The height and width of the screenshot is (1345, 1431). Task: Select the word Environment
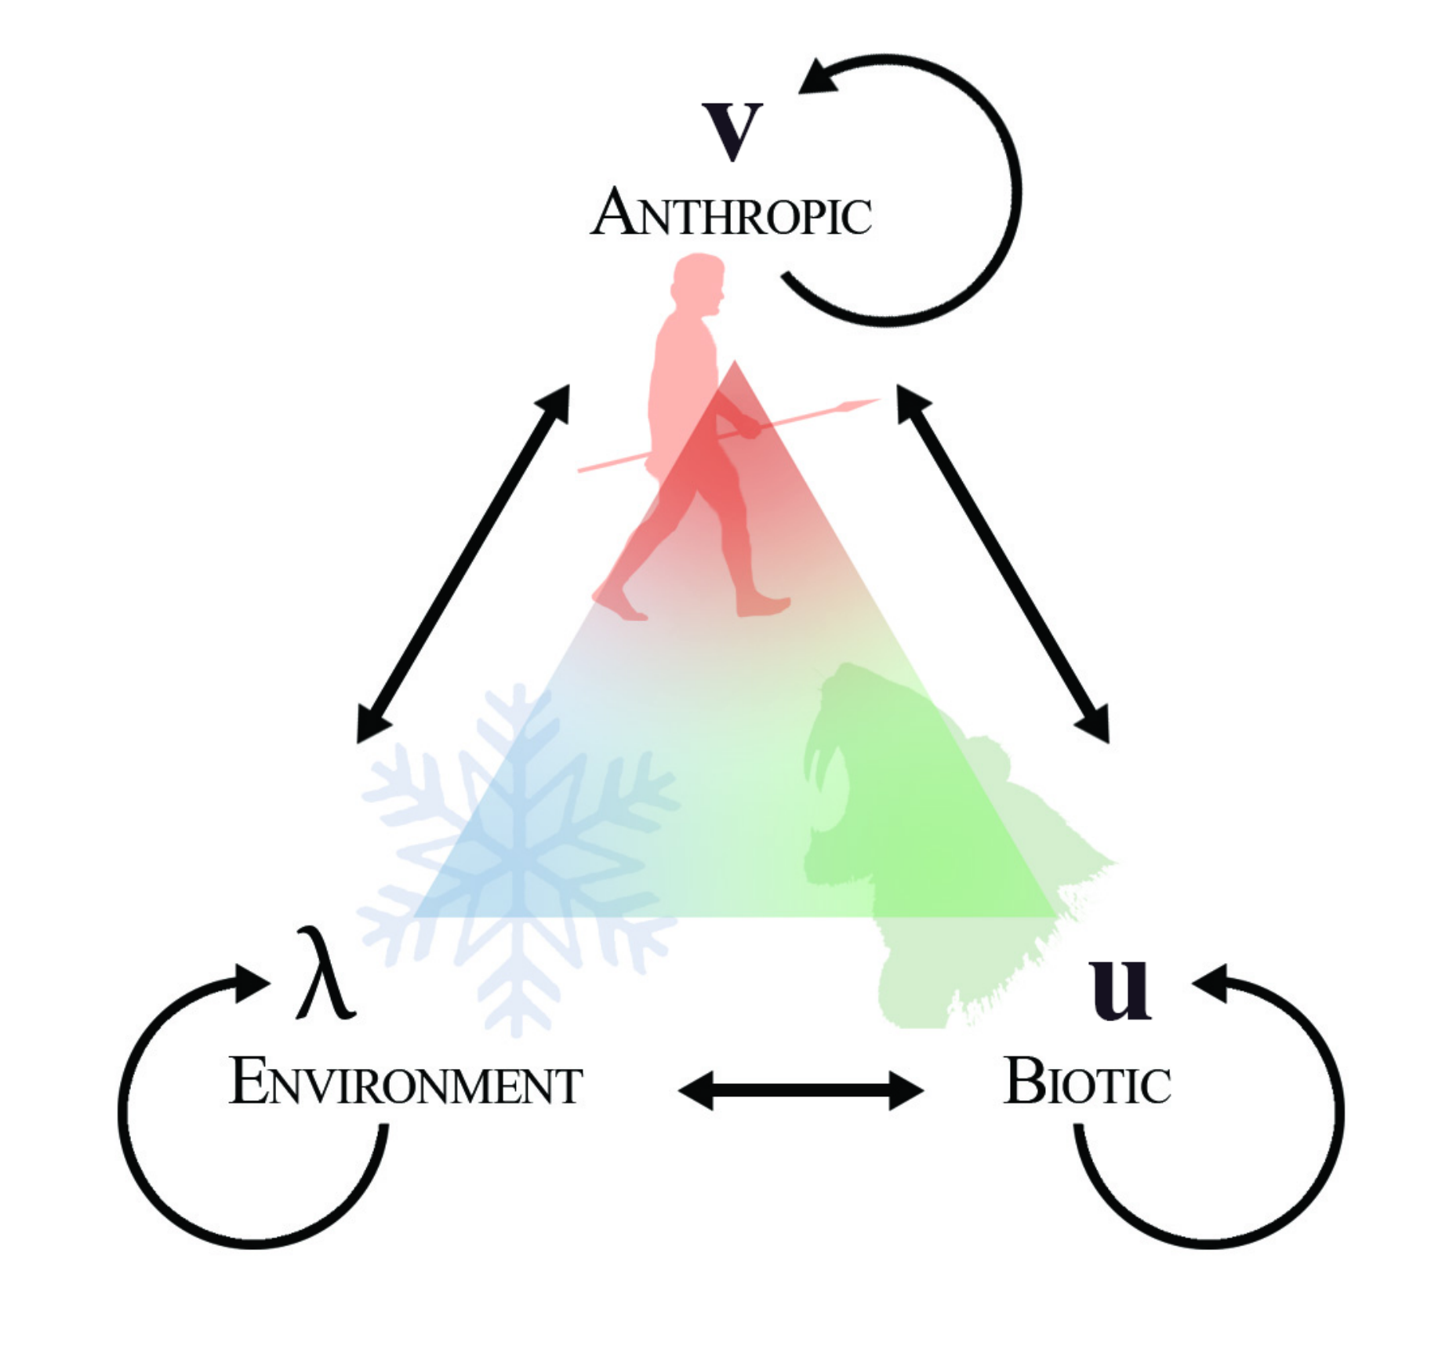(x=405, y=1082)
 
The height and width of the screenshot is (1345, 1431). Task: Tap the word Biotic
(x=1087, y=1082)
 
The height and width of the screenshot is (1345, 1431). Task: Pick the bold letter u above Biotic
(x=1120, y=988)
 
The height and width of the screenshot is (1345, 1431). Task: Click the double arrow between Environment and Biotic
(x=801, y=1089)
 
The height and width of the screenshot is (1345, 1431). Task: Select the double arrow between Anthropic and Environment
(x=463, y=563)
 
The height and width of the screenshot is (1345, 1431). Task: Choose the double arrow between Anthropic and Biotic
(x=1003, y=563)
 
